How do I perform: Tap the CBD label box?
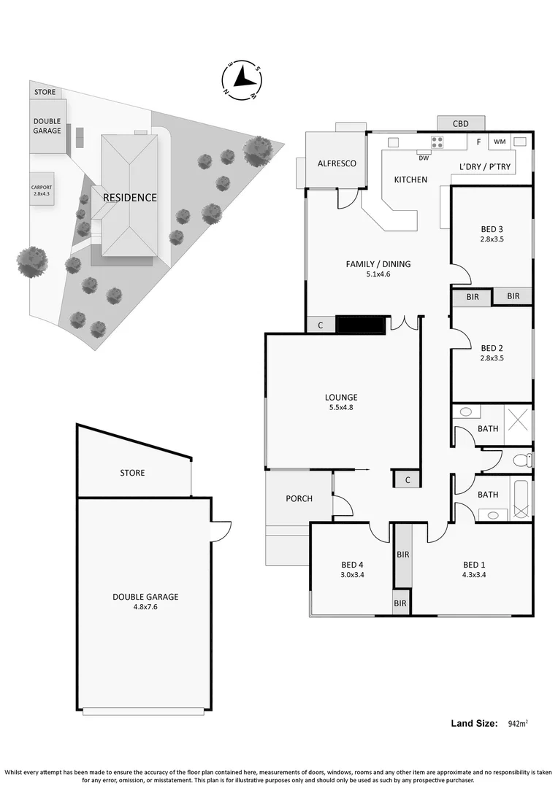pyautogui.click(x=460, y=123)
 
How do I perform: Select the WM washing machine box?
pyautogui.click(x=500, y=142)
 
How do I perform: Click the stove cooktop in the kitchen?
pyautogui.click(x=438, y=142)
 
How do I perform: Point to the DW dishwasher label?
pyautogui.click(x=423, y=156)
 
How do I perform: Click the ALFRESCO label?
pyautogui.click(x=337, y=163)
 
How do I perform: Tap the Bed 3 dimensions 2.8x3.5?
pyautogui.click(x=492, y=239)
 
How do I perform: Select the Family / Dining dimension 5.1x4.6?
pyautogui.click(x=378, y=275)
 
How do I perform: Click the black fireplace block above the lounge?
pyautogui.click(x=360, y=325)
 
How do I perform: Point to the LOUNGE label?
pyautogui.click(x=341, y=397)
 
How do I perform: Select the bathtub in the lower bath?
pyautogui.click(x=521, y=498)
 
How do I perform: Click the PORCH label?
pyautogui.click(x=299, y=498)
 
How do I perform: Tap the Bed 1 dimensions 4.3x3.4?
pyautogui.click(x=474, y=575)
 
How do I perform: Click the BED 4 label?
pyautogui.click(x=352, y=564)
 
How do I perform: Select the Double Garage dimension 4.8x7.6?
pyautogui.click(x=145, y=606)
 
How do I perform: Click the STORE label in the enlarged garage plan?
pyautogui.click(x=132, y=473)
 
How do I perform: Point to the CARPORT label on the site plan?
pyautogui.click(x=42, y=188)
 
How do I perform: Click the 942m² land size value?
pyautogui.click(x=517, y=724)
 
